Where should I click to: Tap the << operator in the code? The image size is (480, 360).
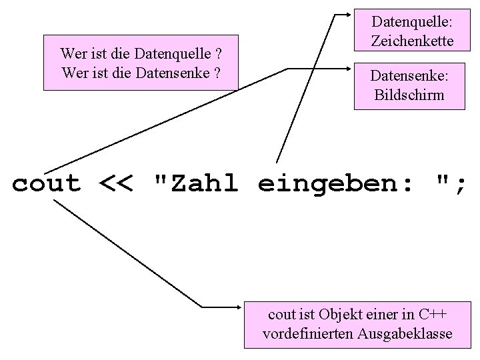116,183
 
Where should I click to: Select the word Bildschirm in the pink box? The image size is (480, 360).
409,95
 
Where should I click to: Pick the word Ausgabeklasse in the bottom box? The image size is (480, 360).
412,333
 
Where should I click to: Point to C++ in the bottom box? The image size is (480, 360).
433,314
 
